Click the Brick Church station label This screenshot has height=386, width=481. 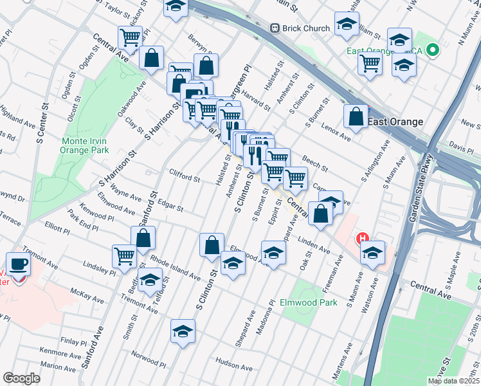305,28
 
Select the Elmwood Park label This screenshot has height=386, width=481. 308,302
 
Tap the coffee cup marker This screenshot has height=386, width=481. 18,264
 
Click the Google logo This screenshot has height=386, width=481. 21,378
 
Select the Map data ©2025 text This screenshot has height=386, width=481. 453,381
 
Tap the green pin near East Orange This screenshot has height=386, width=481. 433,50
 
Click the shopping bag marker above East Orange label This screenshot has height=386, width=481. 356,116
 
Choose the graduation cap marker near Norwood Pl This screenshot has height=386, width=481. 183,332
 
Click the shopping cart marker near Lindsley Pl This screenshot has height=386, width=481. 124,255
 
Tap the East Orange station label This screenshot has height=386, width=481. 396,122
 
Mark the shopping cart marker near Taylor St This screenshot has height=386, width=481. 131,38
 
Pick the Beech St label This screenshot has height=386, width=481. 315,165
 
